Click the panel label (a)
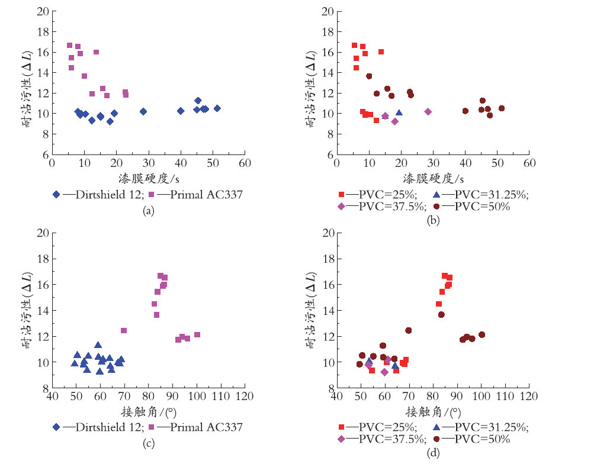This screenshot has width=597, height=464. click(x=149, y=211)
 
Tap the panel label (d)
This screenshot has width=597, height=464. click(x=434, y=453)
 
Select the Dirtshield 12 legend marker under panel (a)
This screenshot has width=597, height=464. click(x=56, y=194)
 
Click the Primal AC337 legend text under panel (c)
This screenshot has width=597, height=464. click(x=206, y=427)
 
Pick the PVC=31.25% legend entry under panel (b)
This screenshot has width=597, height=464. click(x=481, y=194)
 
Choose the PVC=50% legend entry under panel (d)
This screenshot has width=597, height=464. click(x=471, y=439)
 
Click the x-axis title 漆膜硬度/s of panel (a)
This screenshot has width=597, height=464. click(x=149, y=178)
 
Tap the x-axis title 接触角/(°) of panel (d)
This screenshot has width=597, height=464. click(x=434, y=411)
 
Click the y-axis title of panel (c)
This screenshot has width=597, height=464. click(x=27, y=310)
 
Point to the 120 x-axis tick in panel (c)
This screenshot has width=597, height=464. click(x=245, y=396)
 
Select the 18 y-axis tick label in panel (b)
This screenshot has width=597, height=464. click(x=328, y=31)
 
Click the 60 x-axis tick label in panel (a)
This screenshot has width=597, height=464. click(x=245, y=163)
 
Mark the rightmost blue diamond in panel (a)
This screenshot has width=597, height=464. click(x=217, y=108)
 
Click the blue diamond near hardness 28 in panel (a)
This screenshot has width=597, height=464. click(x=143, y=111)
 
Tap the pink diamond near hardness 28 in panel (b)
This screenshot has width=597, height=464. click(x=428, y=111)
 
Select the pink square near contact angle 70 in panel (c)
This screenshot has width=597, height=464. click(x=124, y=330)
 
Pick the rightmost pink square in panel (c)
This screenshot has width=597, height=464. click(x=197, y=335)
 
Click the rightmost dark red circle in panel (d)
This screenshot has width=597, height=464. click(x=482, y=335)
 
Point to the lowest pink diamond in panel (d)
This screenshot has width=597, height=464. click(x=384, y=372)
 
